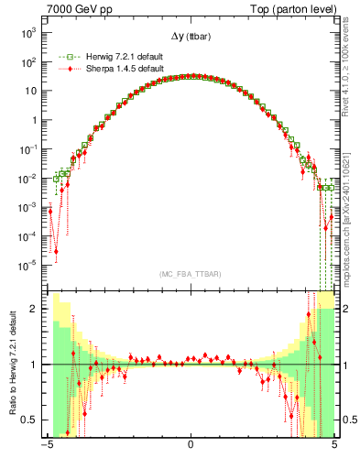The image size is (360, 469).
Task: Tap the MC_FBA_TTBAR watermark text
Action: tap(191, 274)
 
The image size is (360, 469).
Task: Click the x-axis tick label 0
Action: tap(191, 448)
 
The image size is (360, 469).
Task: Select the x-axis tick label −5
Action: tap(47, 448)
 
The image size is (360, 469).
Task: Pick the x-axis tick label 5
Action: tap(334, 448)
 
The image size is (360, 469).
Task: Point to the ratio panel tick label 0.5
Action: tap(32, 420)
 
